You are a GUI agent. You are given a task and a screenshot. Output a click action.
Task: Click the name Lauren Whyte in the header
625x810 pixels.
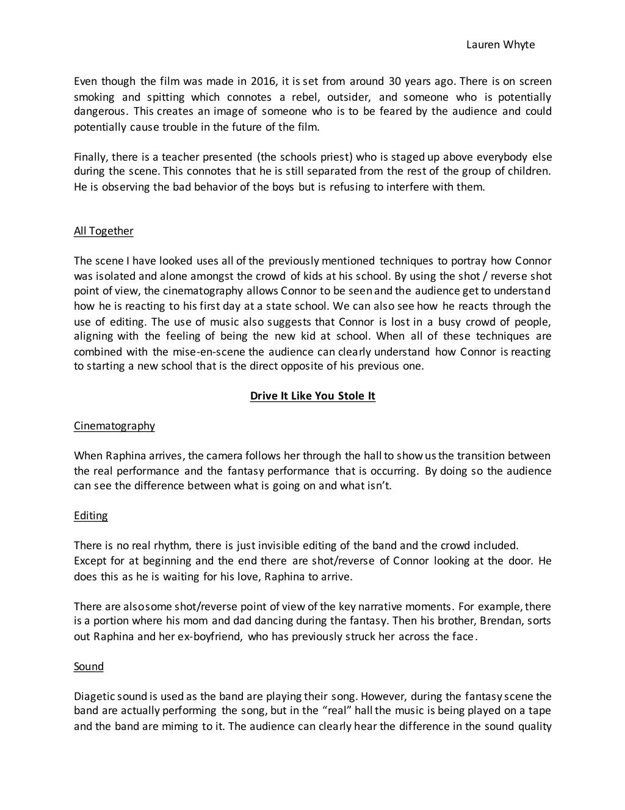pyautogui.click(x=500, y=45)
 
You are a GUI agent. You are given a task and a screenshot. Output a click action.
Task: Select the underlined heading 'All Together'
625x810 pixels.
pyautogui.click(x=103, y=231)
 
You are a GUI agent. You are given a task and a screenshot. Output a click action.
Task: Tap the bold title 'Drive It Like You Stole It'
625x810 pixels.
pyautogui.click(x=312, y=396)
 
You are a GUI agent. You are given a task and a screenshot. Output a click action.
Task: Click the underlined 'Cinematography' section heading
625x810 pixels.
pyautogui.click(x=114, y=426)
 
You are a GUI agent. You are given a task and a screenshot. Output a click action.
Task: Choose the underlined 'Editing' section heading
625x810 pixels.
pyautogui.click(x=90, y=516)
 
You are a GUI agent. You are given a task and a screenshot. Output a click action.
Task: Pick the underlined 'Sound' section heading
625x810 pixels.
pyautogui.click(x=89, y=666)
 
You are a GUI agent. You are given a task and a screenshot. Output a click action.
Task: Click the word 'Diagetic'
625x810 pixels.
pyautogui.click(x=93, y=696)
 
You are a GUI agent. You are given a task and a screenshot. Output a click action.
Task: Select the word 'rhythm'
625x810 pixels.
pyautogui.click(x=162, y=545)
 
